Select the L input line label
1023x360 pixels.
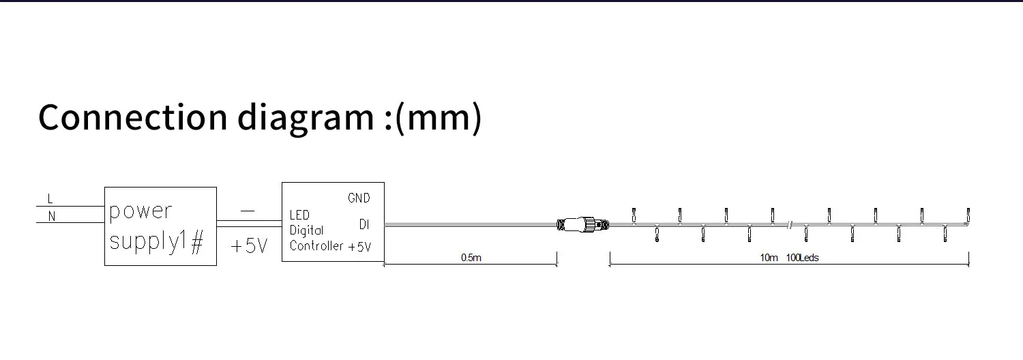pyautogui.click(x=50, y=199)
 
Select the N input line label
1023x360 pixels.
pyautogui.click(x=51, y=217)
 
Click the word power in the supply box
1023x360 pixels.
pyautogui.click(x=140, y=211)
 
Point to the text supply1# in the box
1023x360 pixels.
pyautogui.click(x=156, y=241)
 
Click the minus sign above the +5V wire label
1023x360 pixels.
pyautogui.click(x=248, y=211)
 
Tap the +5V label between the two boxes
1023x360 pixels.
pyautogui.click(x=249, y=246)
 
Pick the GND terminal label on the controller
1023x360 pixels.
pyautogui.click(x=359, y=198)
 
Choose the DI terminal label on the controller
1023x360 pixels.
pyautogui.click(x=364, y=224)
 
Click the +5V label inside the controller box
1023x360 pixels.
pyautogui.click(x=359, y=247)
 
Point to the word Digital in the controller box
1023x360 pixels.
pyautogui.click(x=307, y=230)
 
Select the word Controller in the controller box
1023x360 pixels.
pyautogui.click(x=316, y=246)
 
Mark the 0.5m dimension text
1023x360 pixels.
pyautogui.click(x=471, y=258)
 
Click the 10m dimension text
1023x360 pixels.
pyautogui.click(x=769, y=258)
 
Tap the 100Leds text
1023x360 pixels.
pyautogui.click(x=802, y=258)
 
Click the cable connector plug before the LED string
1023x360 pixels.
pyautogui.click(x=583, y=223)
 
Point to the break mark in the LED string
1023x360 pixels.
pyautogui.click(x=790, y=224)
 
